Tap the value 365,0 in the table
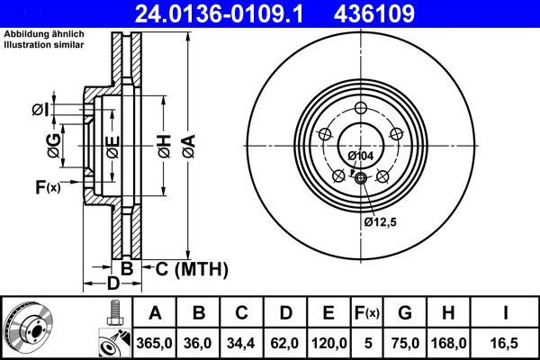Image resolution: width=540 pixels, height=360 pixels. (155, 343)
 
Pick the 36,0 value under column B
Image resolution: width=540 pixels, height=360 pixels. (199, 343)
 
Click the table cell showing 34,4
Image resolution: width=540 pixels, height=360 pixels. (242, 343)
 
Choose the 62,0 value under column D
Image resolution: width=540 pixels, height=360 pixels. (285, 343)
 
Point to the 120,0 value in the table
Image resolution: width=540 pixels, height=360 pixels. (329, 343)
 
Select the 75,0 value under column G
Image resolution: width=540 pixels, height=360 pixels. (406, 343)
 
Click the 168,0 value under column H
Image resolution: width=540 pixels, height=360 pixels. (450, 343)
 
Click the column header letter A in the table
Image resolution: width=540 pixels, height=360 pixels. (155, 313)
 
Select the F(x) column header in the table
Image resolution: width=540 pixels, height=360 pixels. (367, 313)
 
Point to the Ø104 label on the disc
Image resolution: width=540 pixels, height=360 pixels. (360, 157)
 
